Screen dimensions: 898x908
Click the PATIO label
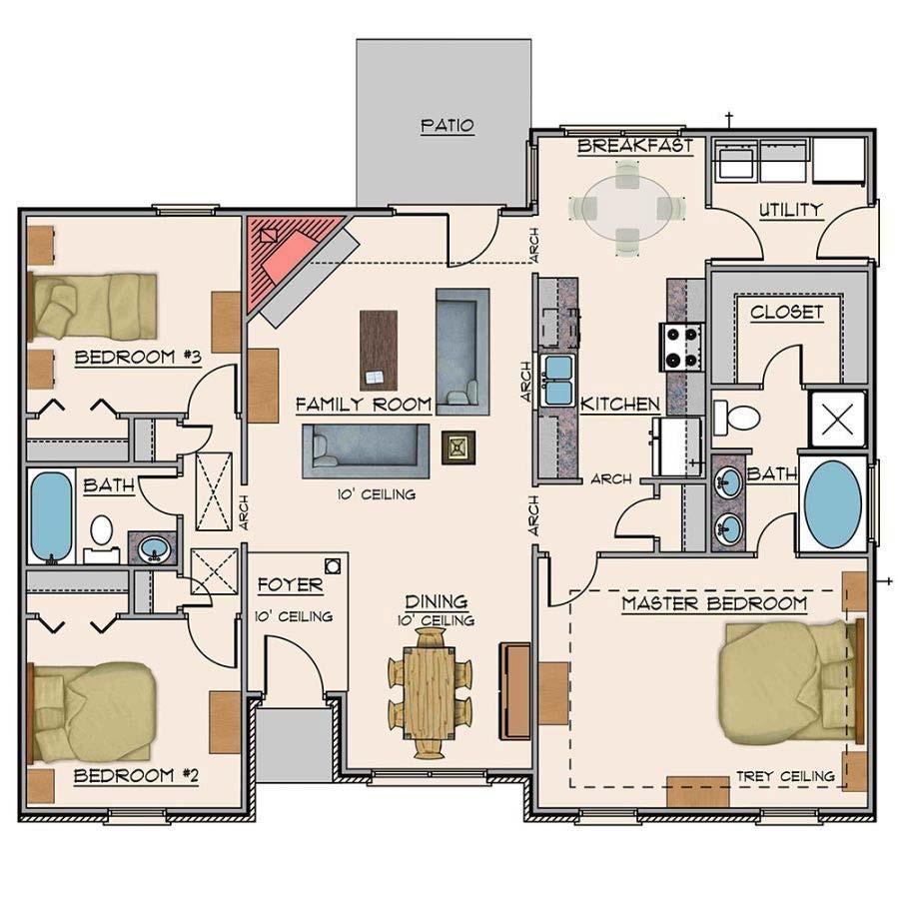(x=447, y=125)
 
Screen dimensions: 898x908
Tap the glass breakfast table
(x=627, y=208)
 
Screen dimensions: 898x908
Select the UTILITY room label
(x=791, y=209)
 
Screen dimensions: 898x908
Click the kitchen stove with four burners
(x=681, y=347)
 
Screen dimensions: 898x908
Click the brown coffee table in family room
(x=379, y=351)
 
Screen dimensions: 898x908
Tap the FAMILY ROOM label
(x=364, y=404)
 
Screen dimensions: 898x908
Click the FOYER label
(x=290, y=585)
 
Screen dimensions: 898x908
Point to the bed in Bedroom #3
(x=93, y=306)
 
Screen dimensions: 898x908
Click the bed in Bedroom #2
(x=93, y=712)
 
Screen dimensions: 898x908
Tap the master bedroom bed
(x=791, y=682)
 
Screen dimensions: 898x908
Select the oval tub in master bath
(x=833, y=504)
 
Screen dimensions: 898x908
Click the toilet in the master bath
(x=736, y=417)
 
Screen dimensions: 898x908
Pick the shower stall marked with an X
(x=837, y=420)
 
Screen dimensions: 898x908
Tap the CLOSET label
(x=786, y=312)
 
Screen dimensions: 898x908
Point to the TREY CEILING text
(x=785, y=776)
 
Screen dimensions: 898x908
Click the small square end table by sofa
(x=458, y=448)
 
